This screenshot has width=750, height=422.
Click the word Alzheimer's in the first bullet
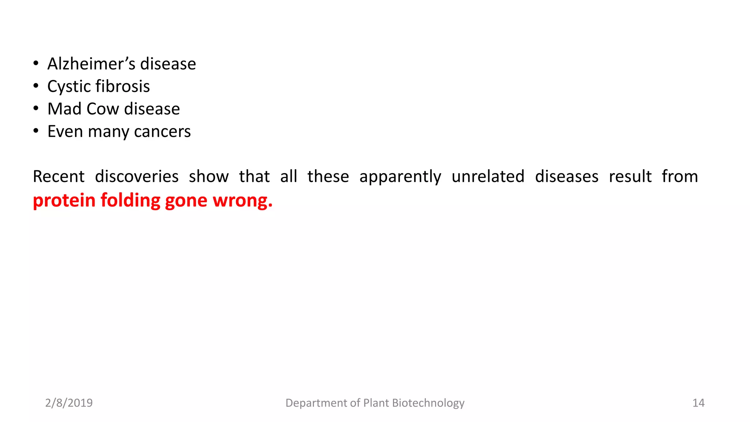tap(92, 64)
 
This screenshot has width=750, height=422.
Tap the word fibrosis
tap(123, 86)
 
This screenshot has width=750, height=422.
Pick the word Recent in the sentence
tap(59, 177)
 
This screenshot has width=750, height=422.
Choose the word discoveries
tap(137, 177)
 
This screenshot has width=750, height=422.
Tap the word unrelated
tap(488, 177)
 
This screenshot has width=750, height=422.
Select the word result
tap(630, 177)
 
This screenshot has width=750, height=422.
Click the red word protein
tap(64, 201)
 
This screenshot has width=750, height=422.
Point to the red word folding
tap(130, 201)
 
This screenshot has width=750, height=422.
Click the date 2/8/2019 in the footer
tap(69, 403)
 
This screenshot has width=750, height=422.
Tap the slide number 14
tap(698, 403)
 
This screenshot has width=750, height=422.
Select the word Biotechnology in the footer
tap(428, 403)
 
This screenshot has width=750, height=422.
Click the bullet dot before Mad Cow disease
tap(36, 108)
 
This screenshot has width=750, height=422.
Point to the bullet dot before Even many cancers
tap(36, 131)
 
